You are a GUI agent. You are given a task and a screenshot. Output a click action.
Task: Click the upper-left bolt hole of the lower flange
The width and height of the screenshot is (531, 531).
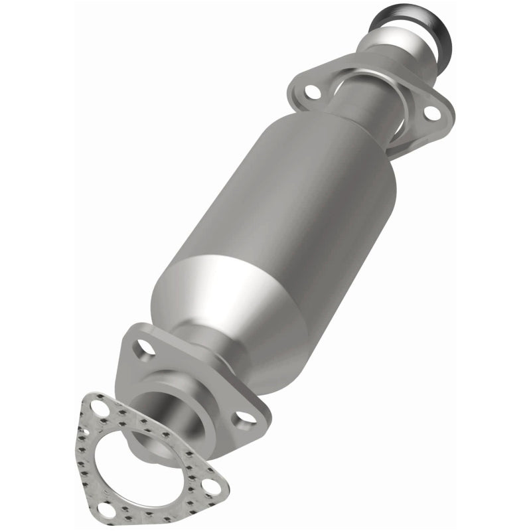pos(142,346)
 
